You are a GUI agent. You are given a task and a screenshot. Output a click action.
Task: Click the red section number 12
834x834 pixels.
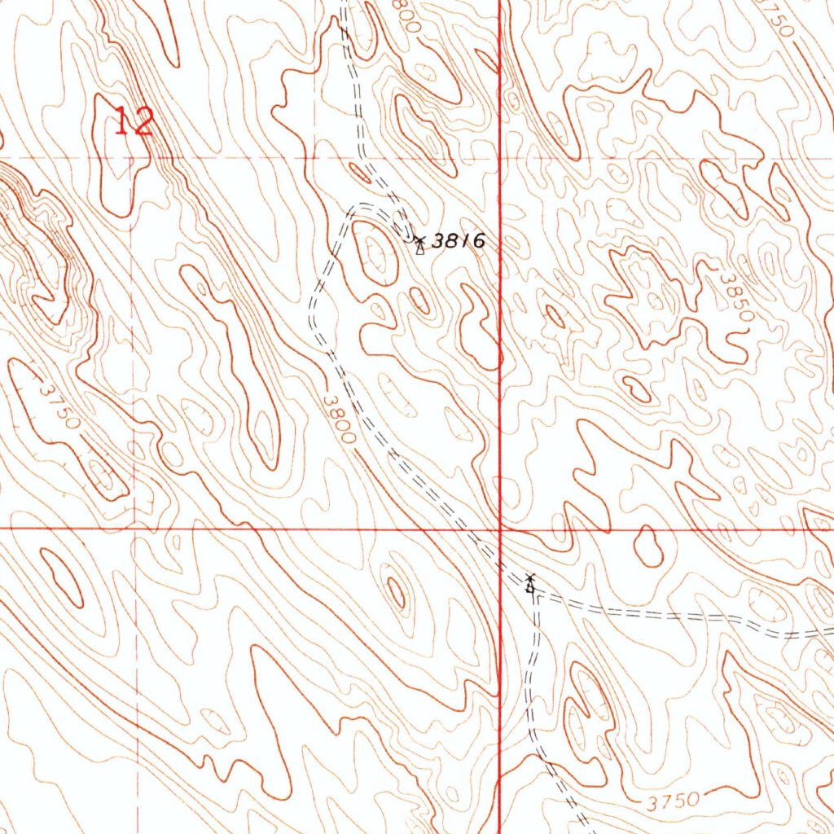tap(134, 122)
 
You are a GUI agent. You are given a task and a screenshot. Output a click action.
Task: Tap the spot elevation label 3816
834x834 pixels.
tap(459, 241)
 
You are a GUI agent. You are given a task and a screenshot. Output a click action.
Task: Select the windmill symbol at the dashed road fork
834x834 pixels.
tap(530, 583)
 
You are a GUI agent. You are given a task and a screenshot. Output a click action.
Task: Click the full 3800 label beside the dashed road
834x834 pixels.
tap(339, 419)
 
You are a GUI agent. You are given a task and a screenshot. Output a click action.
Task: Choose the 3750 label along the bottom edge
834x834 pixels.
tap(674, 801)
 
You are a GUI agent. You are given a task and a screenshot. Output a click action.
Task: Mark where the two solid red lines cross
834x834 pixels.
tap(499, 528)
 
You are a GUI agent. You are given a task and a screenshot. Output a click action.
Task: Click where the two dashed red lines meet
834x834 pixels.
tap(137, 157)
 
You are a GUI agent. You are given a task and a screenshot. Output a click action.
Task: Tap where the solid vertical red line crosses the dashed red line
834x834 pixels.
tap(499, 157)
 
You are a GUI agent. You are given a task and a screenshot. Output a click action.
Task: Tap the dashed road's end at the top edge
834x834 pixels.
tap(345, 3)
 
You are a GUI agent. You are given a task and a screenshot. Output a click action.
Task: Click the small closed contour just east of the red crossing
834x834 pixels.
tap(649, 546)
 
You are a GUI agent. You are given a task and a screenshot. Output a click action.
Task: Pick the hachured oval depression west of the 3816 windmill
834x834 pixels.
tap(376, 253)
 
